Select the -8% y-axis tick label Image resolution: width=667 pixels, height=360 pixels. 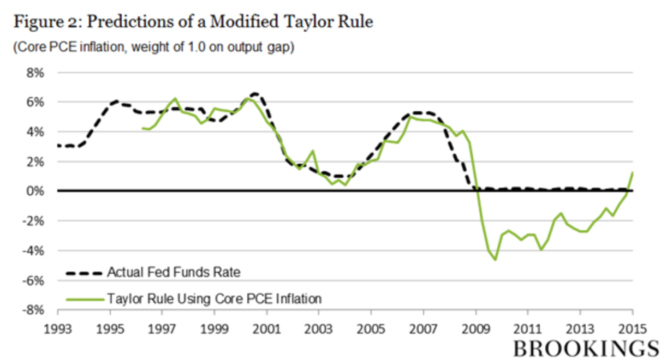tap(32, 310)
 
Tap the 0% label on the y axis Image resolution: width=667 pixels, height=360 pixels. tap(34, 191)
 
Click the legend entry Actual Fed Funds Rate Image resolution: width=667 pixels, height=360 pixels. tap(174, 272)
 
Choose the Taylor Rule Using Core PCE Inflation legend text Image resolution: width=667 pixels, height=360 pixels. tap(215, 298)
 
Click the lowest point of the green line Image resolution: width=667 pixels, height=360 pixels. tap(496, 260)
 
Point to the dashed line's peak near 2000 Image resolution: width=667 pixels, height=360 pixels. tap(255, 93)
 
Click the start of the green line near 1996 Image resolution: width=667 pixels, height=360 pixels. tap(142, 128)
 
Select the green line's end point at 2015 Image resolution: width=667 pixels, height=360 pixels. tap(633, 172)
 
